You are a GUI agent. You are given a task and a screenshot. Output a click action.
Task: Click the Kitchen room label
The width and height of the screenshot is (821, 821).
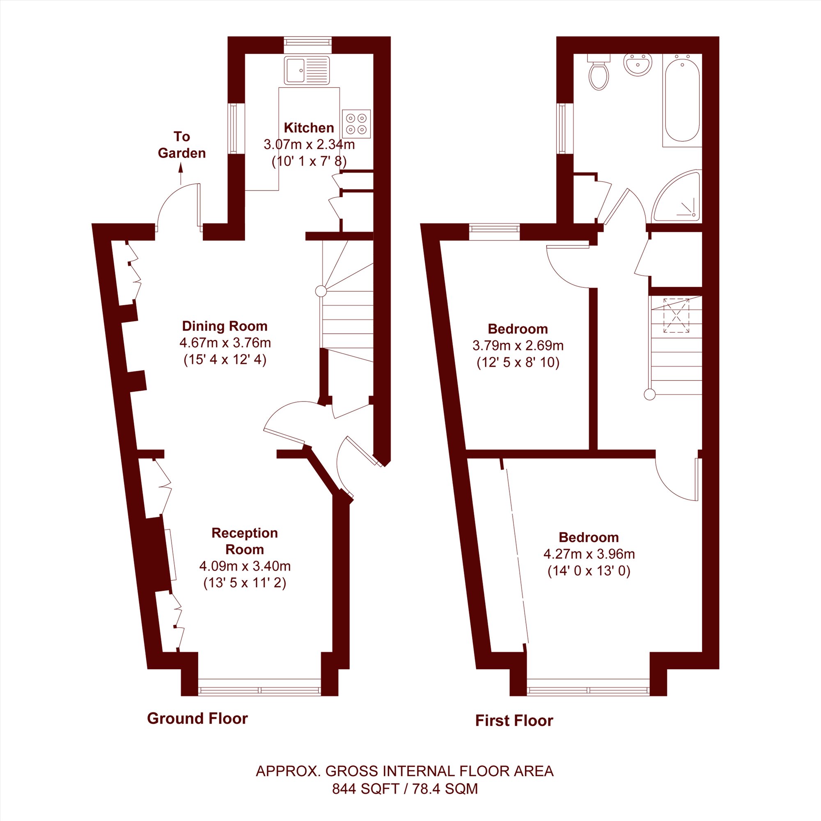(x=309, y=128)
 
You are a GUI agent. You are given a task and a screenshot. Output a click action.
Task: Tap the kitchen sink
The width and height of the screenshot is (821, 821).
(x=307, y=70)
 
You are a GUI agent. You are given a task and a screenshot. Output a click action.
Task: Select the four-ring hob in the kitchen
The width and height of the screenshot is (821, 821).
(x=356, y=124)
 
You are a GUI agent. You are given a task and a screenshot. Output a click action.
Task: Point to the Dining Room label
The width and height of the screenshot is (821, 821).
(x=225, y=326)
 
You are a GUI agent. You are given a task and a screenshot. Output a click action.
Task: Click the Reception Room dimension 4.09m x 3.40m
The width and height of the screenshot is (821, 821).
(x=245, y=566)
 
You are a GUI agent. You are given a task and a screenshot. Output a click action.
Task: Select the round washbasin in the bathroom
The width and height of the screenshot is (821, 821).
(x=638, y=64)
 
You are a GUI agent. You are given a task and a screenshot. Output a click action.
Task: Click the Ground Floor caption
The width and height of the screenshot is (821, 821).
(x=197, y=719)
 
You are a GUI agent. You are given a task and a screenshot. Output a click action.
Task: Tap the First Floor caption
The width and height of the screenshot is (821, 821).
(x=514, y=721)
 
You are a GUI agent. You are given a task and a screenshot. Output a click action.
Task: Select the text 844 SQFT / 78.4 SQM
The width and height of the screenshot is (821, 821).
(x=405, y=789)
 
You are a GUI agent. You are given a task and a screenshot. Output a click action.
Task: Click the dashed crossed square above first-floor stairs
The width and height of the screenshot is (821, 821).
(x=676, y=315)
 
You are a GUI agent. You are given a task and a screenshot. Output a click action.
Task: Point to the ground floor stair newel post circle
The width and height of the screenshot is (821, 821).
(x=321, y=291)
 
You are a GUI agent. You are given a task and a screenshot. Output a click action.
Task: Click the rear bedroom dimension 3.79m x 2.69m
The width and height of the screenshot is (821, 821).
(x=518, y=346)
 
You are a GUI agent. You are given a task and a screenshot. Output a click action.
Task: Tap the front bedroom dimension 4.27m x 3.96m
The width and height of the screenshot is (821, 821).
(x=589, y=554)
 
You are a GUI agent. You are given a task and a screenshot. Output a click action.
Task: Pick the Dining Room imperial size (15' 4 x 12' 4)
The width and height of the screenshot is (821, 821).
(x=225, y=360)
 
